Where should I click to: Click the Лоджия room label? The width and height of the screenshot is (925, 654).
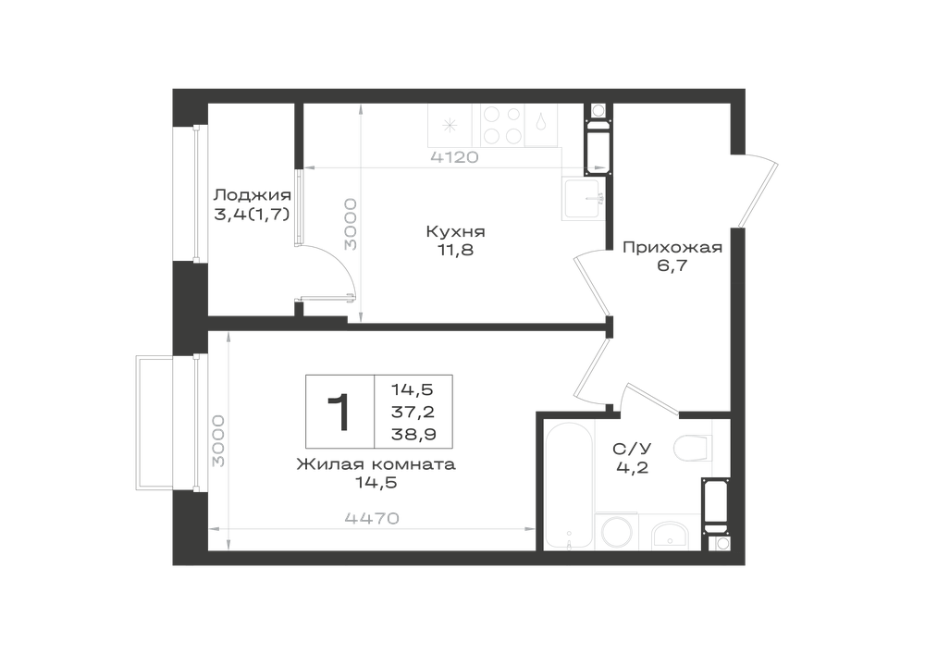click(x=252, y=195)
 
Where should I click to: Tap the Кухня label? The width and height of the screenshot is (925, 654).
click(x=455, y=231)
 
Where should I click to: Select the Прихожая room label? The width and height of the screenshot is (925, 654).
click(x=672, y=248)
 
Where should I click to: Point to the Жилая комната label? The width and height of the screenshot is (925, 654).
click(x=376, y=464)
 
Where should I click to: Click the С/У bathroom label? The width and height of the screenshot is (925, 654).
click(x=632, y=450)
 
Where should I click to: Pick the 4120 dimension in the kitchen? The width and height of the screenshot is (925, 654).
click(x=454, y=157)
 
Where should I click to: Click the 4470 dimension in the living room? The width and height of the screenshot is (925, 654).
click(x=372, y=518)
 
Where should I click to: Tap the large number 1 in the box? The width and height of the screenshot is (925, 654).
click(x=339, y=413)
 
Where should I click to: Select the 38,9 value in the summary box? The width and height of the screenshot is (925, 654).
click(x=413, y=435)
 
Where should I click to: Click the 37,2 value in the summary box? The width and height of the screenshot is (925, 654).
click(x=413, y=413)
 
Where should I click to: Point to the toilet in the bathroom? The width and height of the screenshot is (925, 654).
click(x=693, y=448)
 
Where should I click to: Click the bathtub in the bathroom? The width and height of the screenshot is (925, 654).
click(x=569, y=486)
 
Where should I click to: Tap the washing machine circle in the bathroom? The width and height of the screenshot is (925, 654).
click(x=616, y=531)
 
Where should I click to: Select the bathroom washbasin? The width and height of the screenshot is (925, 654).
click(x=669, y=536)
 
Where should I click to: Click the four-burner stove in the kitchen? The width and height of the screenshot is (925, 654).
click(x=502, y=125)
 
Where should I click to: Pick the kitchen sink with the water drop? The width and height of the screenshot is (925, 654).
click(x=541, y=125)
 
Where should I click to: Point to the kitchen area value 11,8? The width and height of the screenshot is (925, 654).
click(x=455, y=250)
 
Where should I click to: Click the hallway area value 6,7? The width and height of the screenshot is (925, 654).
click(x=672, y=265)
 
